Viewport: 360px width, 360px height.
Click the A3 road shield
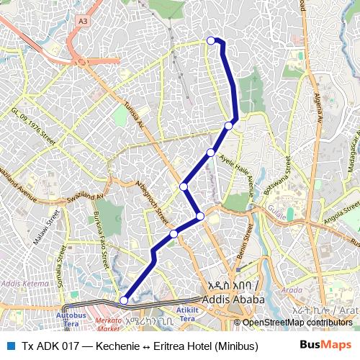[x=83, y=22]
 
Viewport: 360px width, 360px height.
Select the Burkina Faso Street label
[x=101, y=235]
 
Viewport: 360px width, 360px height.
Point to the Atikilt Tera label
[x=186, y=313]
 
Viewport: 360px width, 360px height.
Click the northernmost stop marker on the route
[x=211, y=40]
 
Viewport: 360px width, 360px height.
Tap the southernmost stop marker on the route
[x=124, y=300]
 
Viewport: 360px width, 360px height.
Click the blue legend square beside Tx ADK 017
[x=10, y=345]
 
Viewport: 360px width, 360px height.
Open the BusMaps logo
[x=325, y=345]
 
